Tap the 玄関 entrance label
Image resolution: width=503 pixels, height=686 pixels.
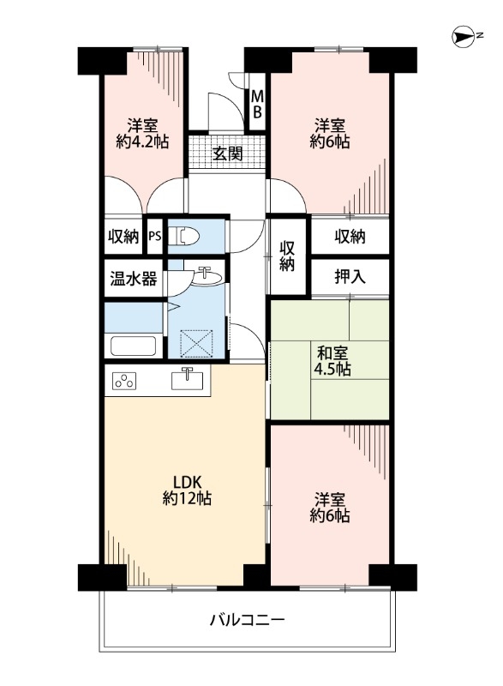(228, 154)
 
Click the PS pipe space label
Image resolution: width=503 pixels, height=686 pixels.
(155, 237)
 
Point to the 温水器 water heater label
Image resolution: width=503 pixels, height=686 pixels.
(133, 279)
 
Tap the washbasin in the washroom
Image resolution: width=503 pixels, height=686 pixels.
(206, 276)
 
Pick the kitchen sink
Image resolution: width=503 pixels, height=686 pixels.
(188, 378)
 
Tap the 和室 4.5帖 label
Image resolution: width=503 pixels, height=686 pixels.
(330, 360)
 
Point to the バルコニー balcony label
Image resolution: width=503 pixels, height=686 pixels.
(248, 619)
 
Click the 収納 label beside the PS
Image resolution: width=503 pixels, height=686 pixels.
(124, 237)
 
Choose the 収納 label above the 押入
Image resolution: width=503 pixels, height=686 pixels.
(350, 237)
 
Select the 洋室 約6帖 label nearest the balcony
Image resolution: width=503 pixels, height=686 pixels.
(330, 508)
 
